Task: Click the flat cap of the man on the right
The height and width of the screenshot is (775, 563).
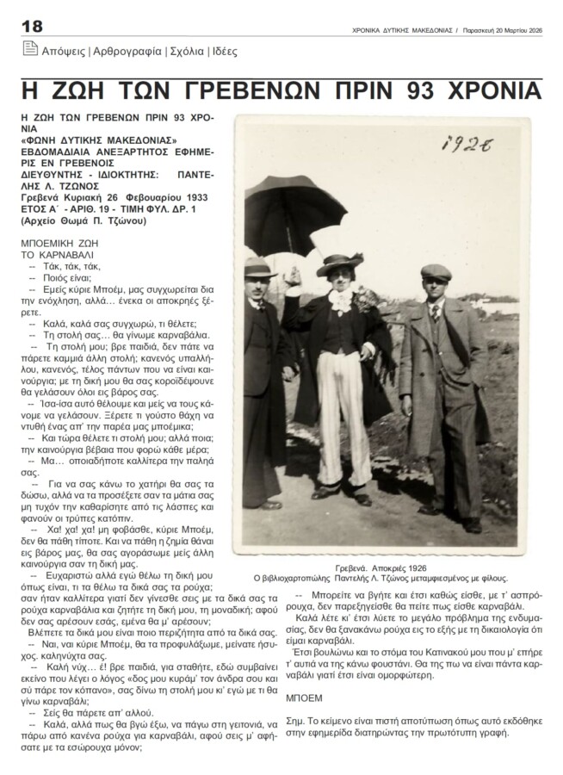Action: [436, 273]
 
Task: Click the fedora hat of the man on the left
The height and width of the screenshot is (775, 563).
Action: [257, 269]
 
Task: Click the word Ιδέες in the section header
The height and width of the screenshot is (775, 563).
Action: [220, 52]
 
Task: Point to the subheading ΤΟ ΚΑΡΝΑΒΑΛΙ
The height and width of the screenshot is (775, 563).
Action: [56, 256]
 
